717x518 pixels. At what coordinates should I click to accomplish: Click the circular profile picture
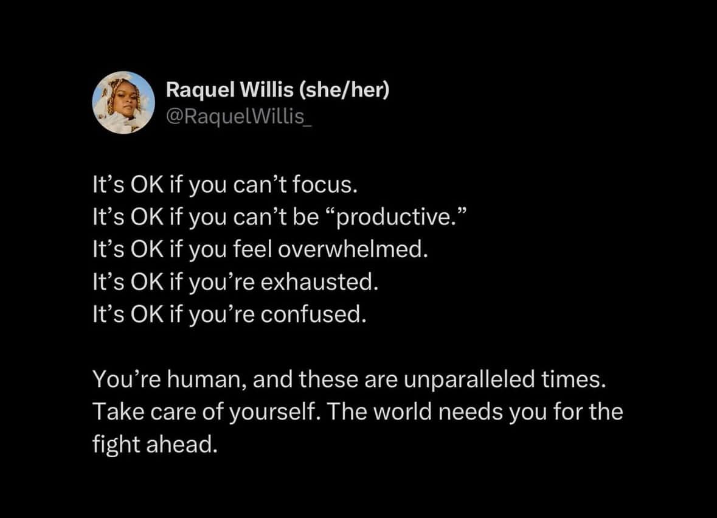pyautogui.click(x=123, y=102)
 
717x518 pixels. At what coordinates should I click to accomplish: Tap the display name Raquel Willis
pyautogui.click(x=229, y=89)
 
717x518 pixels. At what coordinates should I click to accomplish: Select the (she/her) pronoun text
pyautogui.click(x=344, y=89)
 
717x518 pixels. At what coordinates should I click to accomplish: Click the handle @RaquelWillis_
pyautogui.click(x=238, y=117)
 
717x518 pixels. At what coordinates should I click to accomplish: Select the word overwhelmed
pyautogui.click(x=353, y=249)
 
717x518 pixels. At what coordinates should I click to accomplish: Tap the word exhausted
pyautogui.click(x=320, y=281)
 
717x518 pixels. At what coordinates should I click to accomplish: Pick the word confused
pyautogui.click(x=314, y=314)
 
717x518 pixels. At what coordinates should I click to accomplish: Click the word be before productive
pyautogui.click(x=305, y=216)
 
